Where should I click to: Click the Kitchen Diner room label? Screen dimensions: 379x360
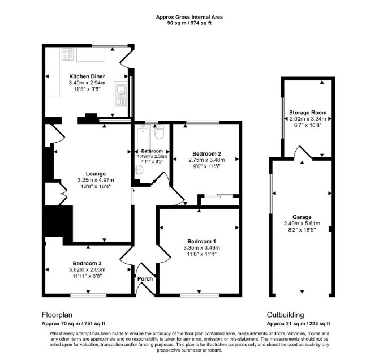[87, 76]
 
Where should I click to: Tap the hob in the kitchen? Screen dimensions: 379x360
[68, 54]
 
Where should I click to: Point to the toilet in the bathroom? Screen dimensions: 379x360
[159, 132]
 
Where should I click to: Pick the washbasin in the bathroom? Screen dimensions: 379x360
[139, 170]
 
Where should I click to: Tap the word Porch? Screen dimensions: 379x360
[145, 279]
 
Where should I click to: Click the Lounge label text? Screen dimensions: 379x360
[96, 174]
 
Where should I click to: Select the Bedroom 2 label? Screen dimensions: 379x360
[206, 153]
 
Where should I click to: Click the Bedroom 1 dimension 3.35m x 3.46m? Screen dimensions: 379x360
[202, 248]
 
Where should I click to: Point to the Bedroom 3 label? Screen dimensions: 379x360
[87, 263]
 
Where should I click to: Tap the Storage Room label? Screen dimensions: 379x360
[308, 113]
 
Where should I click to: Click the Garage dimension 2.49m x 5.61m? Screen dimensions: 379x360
[302, 224]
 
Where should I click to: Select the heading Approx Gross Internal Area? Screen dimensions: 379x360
[189, 17]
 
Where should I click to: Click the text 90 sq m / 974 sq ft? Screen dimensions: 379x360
[189, 23]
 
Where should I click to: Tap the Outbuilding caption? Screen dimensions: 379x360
[285, 315]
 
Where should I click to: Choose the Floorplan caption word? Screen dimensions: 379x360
[57, 315]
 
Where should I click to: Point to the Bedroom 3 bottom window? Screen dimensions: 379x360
[88, 295]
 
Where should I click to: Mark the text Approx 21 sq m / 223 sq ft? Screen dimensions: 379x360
[299, 323]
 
